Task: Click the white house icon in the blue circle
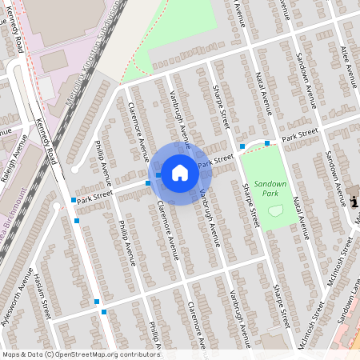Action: click(180, 172)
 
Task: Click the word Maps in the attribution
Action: click(10, 354)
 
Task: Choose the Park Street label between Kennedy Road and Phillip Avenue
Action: click(96, 193)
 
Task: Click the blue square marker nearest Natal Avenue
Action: click(266, 143)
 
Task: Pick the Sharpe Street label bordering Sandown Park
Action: click(250, 204)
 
